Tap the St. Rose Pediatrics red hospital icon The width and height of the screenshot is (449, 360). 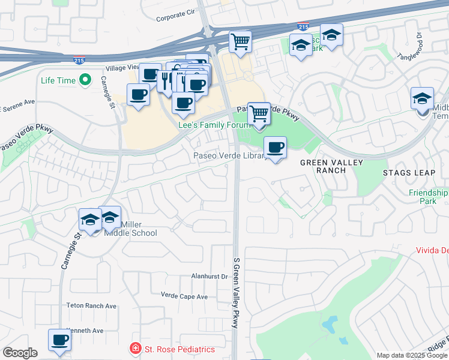click(136, 349)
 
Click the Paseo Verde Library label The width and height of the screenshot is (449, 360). click(229, 156)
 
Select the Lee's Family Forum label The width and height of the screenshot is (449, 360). click(214, 125)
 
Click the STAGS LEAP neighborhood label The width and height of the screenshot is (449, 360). click(409, 173)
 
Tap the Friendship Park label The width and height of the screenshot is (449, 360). click(428, 197)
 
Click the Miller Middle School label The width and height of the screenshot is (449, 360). click(138, 229)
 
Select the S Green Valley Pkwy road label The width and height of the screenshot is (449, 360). click(236, 293)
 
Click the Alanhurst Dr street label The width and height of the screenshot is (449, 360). click(209, 277)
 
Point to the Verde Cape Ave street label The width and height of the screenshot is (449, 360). click(184, 296)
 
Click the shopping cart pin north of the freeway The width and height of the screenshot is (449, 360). click(240, 42)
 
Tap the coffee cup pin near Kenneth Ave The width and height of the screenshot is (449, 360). click(59, 340)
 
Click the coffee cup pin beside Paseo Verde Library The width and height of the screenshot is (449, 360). click(276, 148)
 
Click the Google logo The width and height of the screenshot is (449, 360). click(20, 353)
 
